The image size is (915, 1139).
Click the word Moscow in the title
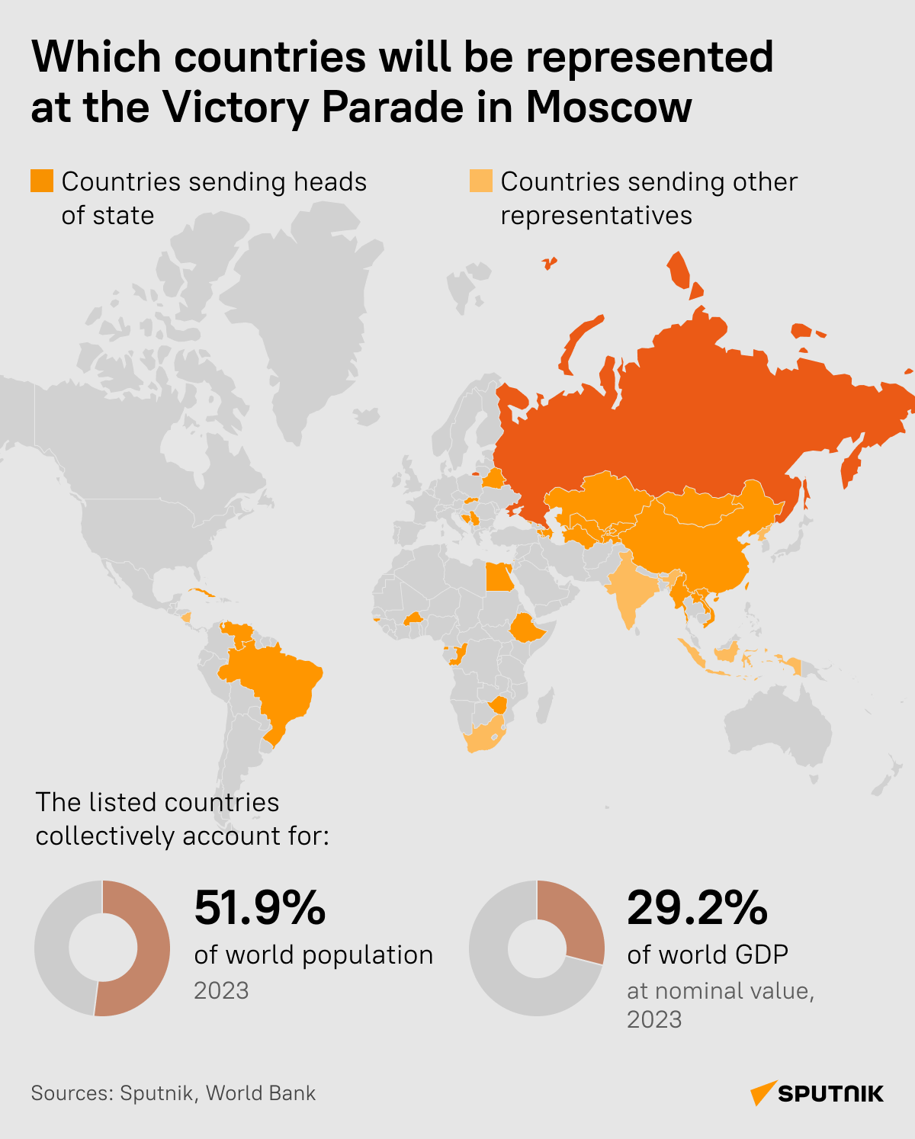[608, 107]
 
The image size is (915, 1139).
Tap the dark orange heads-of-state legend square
[42, 181]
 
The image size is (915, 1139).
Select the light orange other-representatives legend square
[480, 181]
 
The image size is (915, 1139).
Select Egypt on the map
[498, 577]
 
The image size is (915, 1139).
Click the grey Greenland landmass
[305, 320]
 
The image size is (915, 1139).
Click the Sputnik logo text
[830, 1094]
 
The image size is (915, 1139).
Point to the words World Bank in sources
[261, 1093]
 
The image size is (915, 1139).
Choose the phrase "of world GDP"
[707, 955]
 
